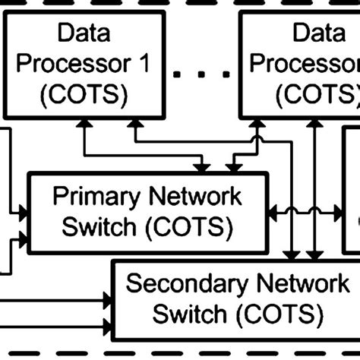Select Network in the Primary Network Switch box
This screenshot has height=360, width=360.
click(x=194, y=197)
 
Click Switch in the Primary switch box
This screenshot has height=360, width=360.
click(x=95, y=226)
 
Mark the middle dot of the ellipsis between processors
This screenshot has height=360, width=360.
click(x=203, y=74)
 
